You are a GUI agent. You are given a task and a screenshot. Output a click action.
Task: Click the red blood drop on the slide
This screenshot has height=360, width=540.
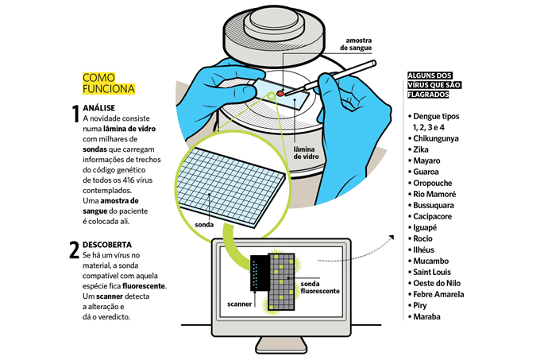[x=280, y=93]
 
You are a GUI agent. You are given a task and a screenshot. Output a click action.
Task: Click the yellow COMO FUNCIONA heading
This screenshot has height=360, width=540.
[x=109, y=83]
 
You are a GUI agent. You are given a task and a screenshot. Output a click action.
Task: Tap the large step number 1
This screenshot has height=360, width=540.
[x=75, y=114]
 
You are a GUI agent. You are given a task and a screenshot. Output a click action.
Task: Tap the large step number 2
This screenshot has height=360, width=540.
[x=75, y=250]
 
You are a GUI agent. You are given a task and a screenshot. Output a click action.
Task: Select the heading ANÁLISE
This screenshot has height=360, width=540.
[x=98, y=108]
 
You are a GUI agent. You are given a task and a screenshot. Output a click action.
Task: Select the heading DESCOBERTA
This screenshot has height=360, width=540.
[x=107, y=245]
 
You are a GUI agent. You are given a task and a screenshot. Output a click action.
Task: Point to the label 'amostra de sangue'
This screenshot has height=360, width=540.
[x=356, y=44]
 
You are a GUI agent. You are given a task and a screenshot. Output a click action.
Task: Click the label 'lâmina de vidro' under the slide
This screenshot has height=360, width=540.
[x=307, y=153]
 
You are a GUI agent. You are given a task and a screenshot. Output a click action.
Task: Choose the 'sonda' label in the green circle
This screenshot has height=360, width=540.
[x=204, y=225]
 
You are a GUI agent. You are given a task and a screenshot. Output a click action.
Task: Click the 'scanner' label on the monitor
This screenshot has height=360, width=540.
[x=239, y=304]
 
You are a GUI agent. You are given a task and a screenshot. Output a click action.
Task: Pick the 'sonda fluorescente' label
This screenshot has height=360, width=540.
[x=320, y=288]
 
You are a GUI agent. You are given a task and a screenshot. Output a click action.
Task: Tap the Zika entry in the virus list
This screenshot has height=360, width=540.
[x=421, y=149]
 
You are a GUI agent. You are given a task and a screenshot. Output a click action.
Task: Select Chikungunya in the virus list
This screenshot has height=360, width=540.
[x=436, y=138]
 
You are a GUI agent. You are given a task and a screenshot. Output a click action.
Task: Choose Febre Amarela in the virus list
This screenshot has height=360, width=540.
[x=438, y=294]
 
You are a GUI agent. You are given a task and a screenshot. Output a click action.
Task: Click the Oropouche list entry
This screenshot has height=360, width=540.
[x=432, y=183]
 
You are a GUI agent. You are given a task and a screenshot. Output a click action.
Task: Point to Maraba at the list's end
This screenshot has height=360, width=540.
[x=426, y=316]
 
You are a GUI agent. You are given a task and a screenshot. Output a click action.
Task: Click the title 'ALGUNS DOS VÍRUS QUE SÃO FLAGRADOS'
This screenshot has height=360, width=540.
[x=434, y=85]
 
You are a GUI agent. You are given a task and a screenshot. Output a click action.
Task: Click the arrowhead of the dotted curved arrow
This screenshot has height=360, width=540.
[x=391, y=238]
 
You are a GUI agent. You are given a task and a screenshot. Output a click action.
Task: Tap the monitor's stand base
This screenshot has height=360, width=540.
[x=281, y=345]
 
